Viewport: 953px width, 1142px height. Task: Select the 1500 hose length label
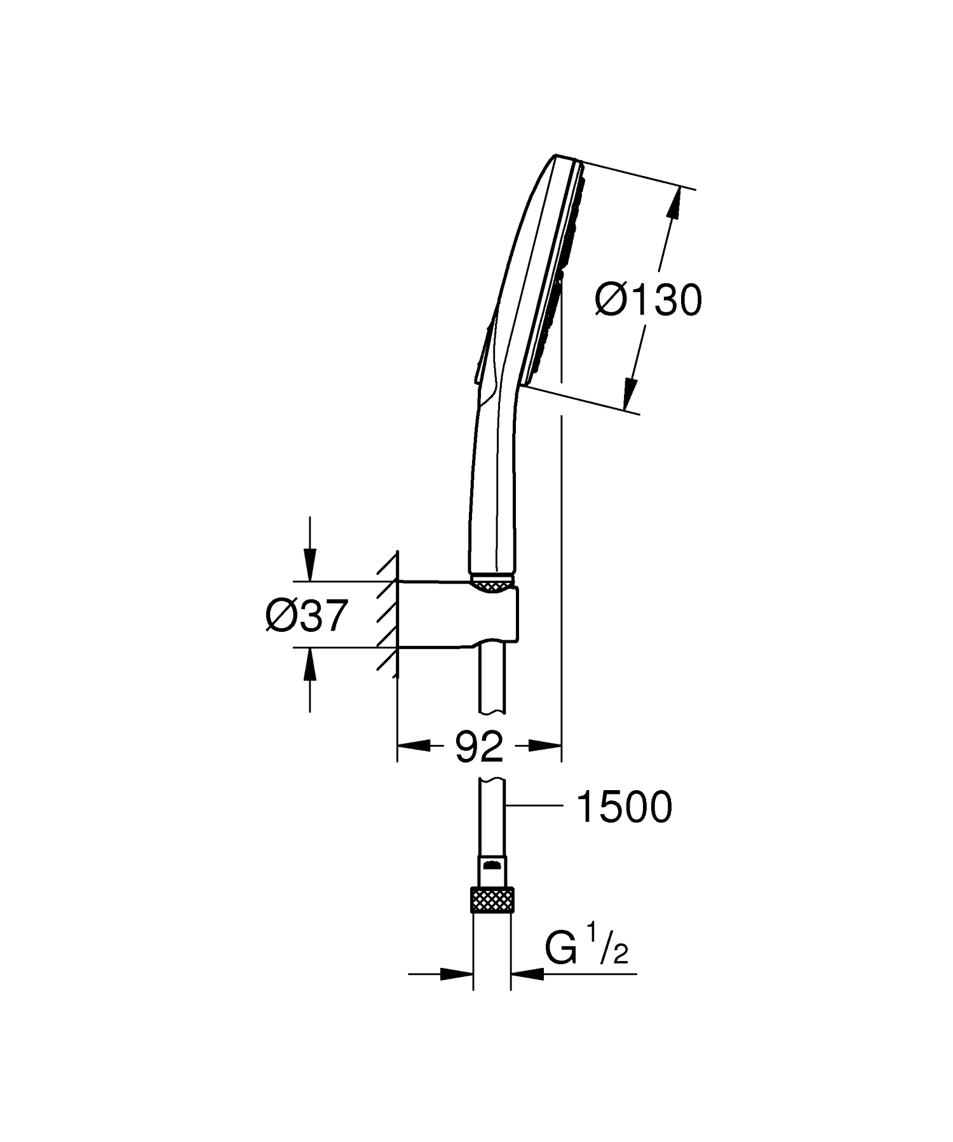pos(623,808)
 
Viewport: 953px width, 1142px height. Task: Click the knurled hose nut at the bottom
pos(492,901)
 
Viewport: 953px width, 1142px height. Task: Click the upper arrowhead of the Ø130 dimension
pos(675,203)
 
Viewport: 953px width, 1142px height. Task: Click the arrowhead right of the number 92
pos(547,746)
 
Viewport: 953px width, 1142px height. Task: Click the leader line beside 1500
pos(537,805)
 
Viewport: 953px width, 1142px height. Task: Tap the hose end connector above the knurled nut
pos(492,871)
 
